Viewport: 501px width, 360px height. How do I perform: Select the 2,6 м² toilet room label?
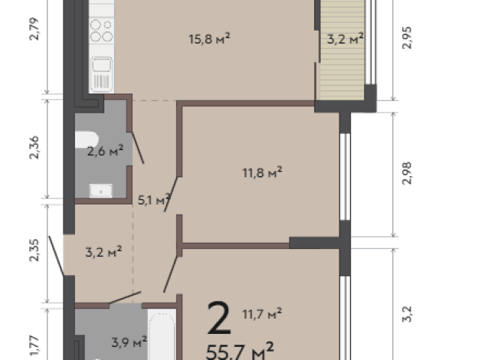[104, 151]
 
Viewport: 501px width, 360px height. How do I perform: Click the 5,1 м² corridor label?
[152, 201]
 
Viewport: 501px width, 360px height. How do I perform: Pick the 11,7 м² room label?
[262, 312]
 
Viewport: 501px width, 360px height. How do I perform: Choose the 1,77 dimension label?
[33, 339]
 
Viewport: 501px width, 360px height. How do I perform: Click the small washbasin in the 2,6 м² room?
[99, 189]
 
